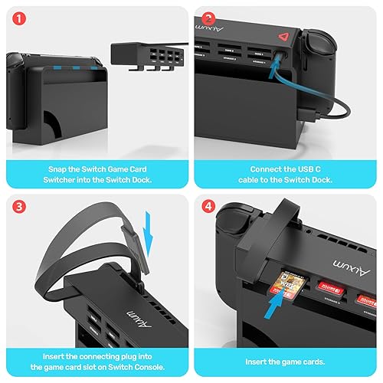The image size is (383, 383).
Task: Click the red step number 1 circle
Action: click(x=16, y=16)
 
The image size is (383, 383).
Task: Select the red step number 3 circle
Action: click(x=16, y=208)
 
